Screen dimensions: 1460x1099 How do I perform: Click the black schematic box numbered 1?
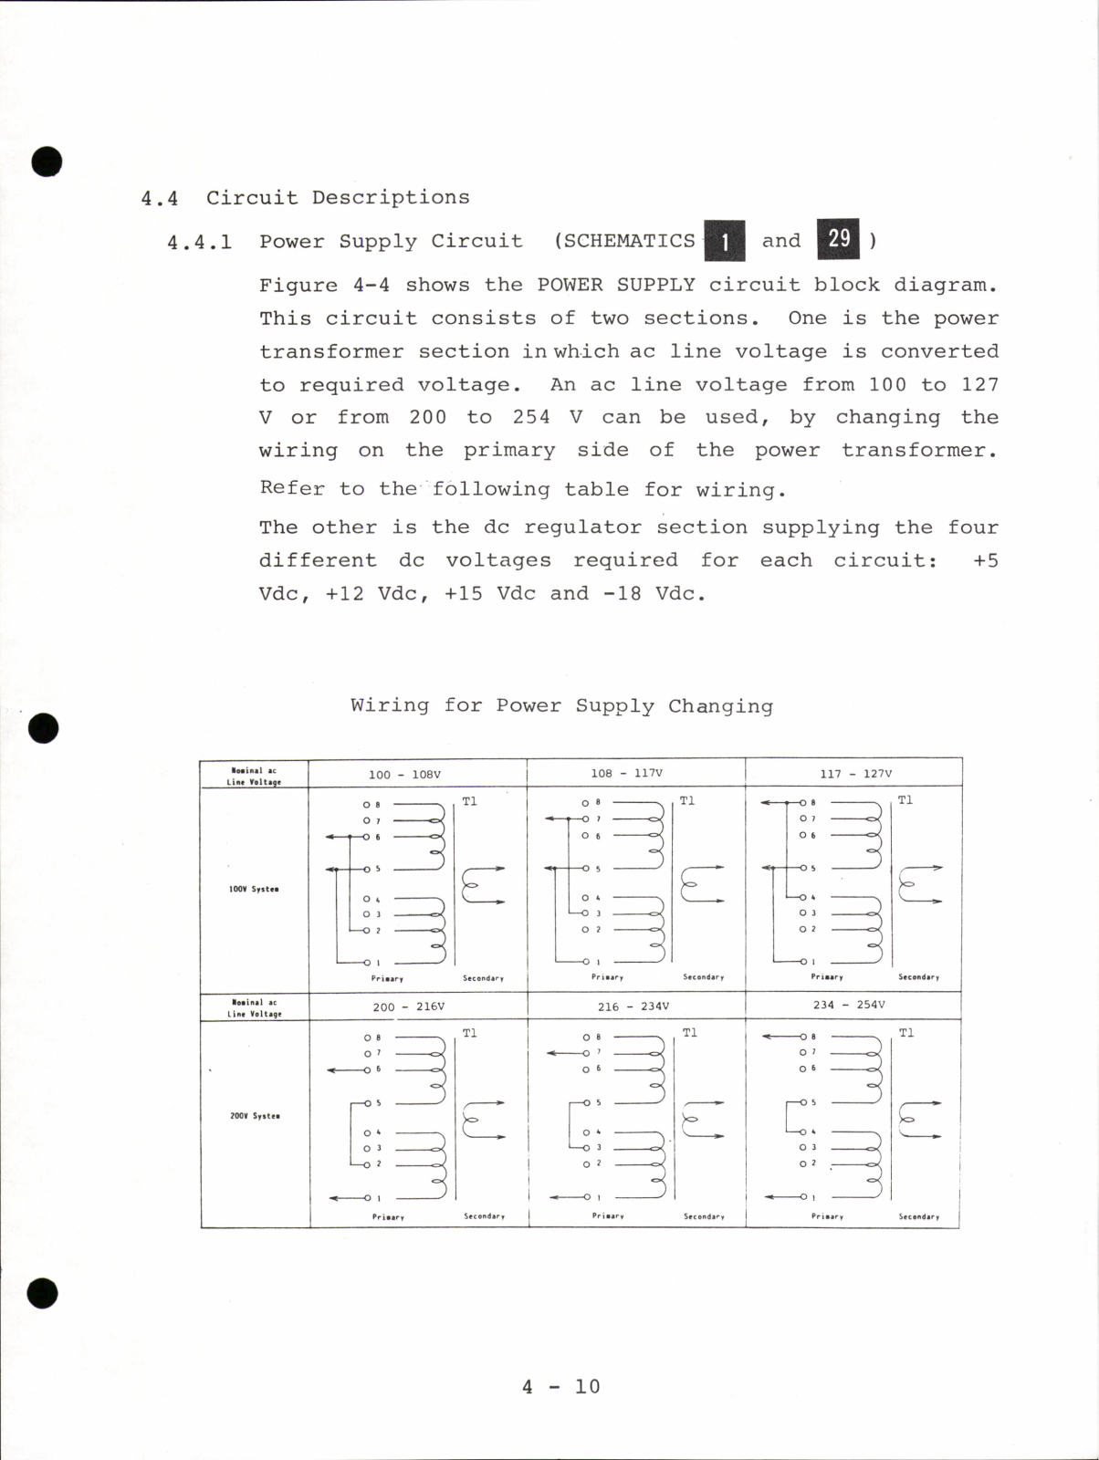[725, 242]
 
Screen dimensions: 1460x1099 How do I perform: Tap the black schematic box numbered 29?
[838, 238]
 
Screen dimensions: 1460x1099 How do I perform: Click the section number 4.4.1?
[199, 243]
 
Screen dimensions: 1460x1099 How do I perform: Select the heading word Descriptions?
[391, 197]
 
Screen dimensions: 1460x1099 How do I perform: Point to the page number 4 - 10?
[560, 1387]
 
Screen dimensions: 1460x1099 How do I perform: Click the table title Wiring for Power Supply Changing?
[561, 705]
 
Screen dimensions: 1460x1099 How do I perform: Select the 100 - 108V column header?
[404, 775]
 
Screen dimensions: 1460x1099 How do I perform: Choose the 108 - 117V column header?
[626, 773]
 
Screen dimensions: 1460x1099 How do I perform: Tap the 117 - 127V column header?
[855, 773]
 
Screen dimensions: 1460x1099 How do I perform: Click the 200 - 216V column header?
[408, 1006]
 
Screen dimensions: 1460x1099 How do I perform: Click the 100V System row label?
[254, 889]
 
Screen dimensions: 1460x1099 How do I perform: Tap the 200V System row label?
[255, 1116]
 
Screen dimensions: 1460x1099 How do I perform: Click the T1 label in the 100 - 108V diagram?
[469, 801]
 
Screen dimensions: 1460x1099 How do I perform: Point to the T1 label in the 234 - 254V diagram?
[905, 1033]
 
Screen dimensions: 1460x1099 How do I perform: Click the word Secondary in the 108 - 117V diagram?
[703, 977]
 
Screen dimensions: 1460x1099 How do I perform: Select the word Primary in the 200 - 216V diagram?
[388, 1217]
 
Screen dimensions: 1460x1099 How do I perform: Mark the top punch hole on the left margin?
[47, 162]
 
